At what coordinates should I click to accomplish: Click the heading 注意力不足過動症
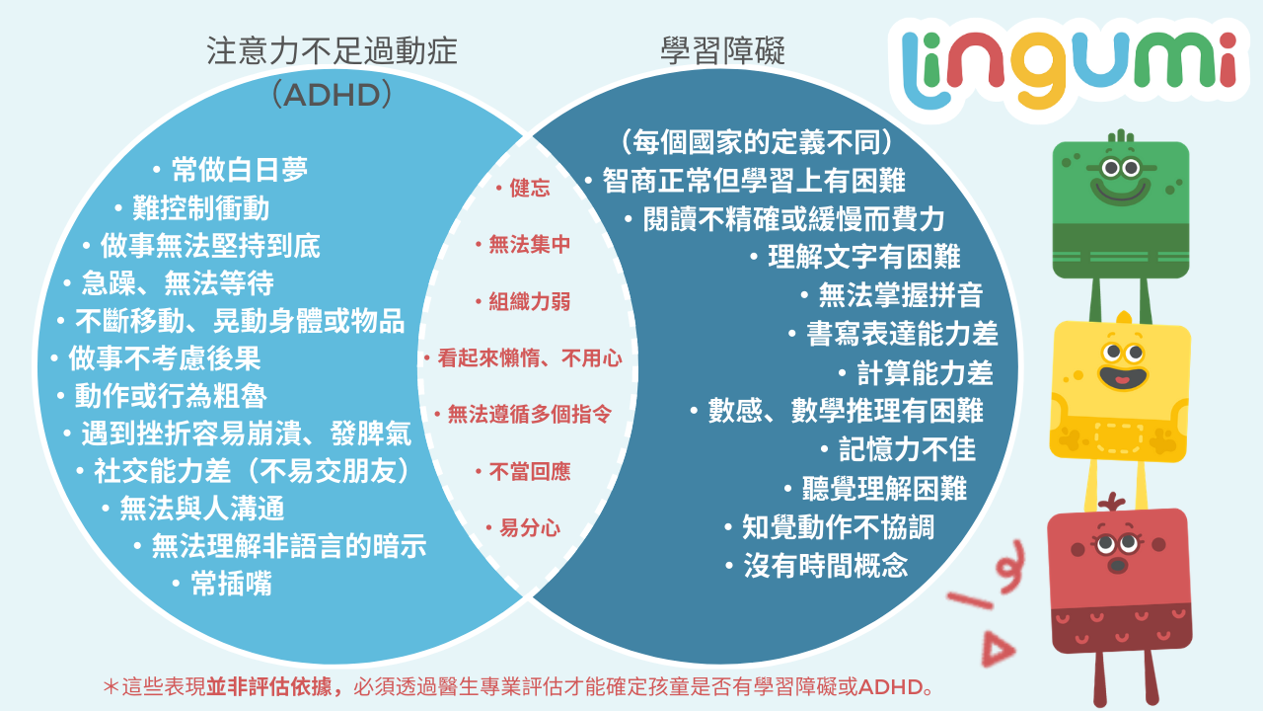(332, 51)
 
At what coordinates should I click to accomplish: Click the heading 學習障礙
(723, 51)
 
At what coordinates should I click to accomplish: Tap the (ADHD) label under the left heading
(332, 95)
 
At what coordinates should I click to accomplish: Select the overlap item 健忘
(530, 188)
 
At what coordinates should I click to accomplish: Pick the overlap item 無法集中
(530, 244)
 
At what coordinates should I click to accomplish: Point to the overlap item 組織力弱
(530, 302)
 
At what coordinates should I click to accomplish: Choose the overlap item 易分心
(530, 528)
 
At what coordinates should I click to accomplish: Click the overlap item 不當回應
(530, 471)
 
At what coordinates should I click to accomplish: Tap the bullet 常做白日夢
(240, 169)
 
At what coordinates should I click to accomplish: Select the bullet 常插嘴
(231, 583)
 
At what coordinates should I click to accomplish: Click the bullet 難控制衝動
(200, 207)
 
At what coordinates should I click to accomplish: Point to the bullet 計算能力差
(925, 373)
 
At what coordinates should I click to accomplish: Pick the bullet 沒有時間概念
(826, 565)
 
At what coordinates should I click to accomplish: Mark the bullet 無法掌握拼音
(901, 294)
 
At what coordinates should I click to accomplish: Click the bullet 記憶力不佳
(907, 449)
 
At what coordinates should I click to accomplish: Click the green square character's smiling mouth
(1120, 192)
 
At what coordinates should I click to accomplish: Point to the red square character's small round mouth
(1118, 566)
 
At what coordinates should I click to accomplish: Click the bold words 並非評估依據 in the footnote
(268, 686)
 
